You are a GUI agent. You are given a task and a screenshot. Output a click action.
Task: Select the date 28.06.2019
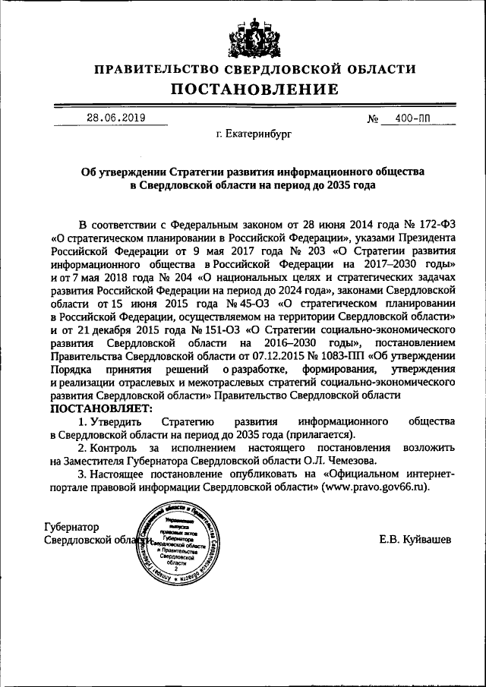pos(115,118)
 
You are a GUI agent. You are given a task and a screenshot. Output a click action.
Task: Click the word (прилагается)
pos(320,434)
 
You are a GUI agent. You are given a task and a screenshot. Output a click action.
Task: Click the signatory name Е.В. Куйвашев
pos(415,539)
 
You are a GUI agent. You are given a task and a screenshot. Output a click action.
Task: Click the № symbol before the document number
pos(373,120)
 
